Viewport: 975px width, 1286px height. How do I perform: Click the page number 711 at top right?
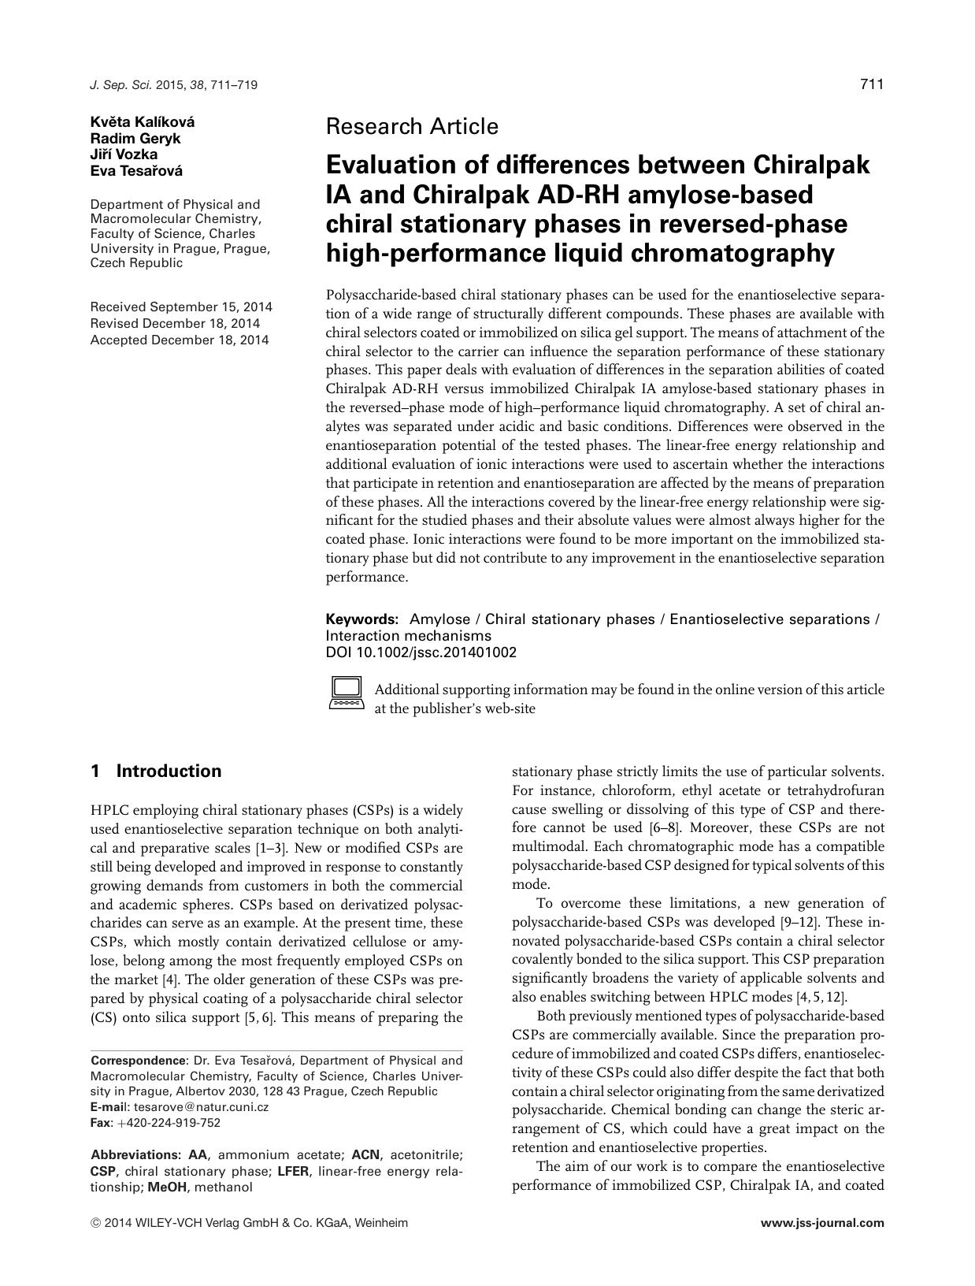(872, 84)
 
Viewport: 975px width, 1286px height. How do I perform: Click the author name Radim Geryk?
(135, 138)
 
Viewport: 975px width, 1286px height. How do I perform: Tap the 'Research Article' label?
(412, 126)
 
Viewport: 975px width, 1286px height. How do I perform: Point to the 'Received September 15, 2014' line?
(181, 307)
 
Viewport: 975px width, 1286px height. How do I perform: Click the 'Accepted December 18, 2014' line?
(180, 340)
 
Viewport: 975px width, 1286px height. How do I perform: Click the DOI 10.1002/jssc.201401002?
(421, 652)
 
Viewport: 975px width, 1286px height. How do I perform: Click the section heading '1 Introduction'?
(156, 771)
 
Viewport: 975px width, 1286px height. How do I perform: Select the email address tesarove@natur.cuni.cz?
(202, 1106)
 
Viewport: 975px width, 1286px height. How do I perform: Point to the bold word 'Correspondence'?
(137, 1061)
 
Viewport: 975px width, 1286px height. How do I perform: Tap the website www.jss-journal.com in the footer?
(823, 1223)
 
